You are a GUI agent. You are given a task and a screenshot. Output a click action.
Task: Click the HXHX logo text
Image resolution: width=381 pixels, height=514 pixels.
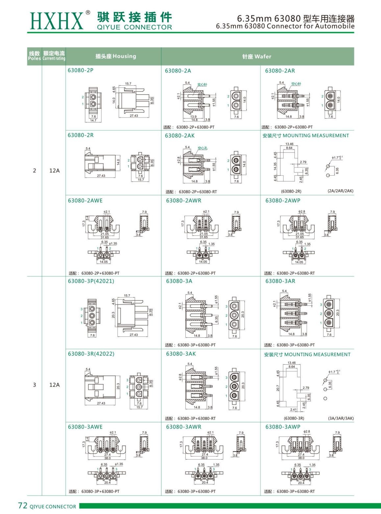coord(57,21)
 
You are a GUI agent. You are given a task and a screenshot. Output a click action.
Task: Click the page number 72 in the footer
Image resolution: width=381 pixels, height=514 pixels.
coord(23,505)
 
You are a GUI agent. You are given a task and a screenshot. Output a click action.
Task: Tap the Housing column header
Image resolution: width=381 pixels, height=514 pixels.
coord(115,56)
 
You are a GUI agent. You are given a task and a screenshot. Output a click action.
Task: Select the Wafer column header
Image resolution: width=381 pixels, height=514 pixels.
coord(257,56)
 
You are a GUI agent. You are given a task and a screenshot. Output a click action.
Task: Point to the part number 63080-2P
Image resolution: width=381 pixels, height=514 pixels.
coord(81,70)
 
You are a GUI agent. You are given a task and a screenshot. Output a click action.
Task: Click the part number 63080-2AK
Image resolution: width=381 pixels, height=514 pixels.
coord(180,136)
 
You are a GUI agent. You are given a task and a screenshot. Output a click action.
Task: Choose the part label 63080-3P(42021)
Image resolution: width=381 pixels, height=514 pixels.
coord(91,281)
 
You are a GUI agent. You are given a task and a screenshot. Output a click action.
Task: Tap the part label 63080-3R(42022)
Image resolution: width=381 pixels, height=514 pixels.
coord(91,354)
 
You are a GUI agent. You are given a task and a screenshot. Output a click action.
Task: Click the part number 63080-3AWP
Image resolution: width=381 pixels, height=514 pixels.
coord(283,427)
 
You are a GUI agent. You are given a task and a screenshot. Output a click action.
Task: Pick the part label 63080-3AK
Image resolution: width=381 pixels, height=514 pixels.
coord(181,354)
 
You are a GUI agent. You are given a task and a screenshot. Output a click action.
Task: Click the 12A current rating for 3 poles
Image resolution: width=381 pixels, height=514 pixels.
coord(54,385)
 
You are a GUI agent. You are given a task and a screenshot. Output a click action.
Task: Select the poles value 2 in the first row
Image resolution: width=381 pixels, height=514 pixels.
coord(35,170)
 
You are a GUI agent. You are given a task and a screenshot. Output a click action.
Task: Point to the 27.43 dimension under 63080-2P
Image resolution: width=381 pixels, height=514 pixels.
coord(134,116)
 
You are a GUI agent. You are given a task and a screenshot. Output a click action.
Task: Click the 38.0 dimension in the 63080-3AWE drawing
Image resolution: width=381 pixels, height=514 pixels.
coord(107,458)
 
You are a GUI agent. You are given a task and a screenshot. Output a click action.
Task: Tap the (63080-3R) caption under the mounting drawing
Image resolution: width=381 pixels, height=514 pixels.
coord(294,418)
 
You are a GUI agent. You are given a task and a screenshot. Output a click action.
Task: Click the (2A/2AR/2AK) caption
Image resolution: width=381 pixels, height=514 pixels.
coord(340,191)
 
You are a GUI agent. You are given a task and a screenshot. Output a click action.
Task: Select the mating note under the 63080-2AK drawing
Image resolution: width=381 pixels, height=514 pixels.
coord(191,192)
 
